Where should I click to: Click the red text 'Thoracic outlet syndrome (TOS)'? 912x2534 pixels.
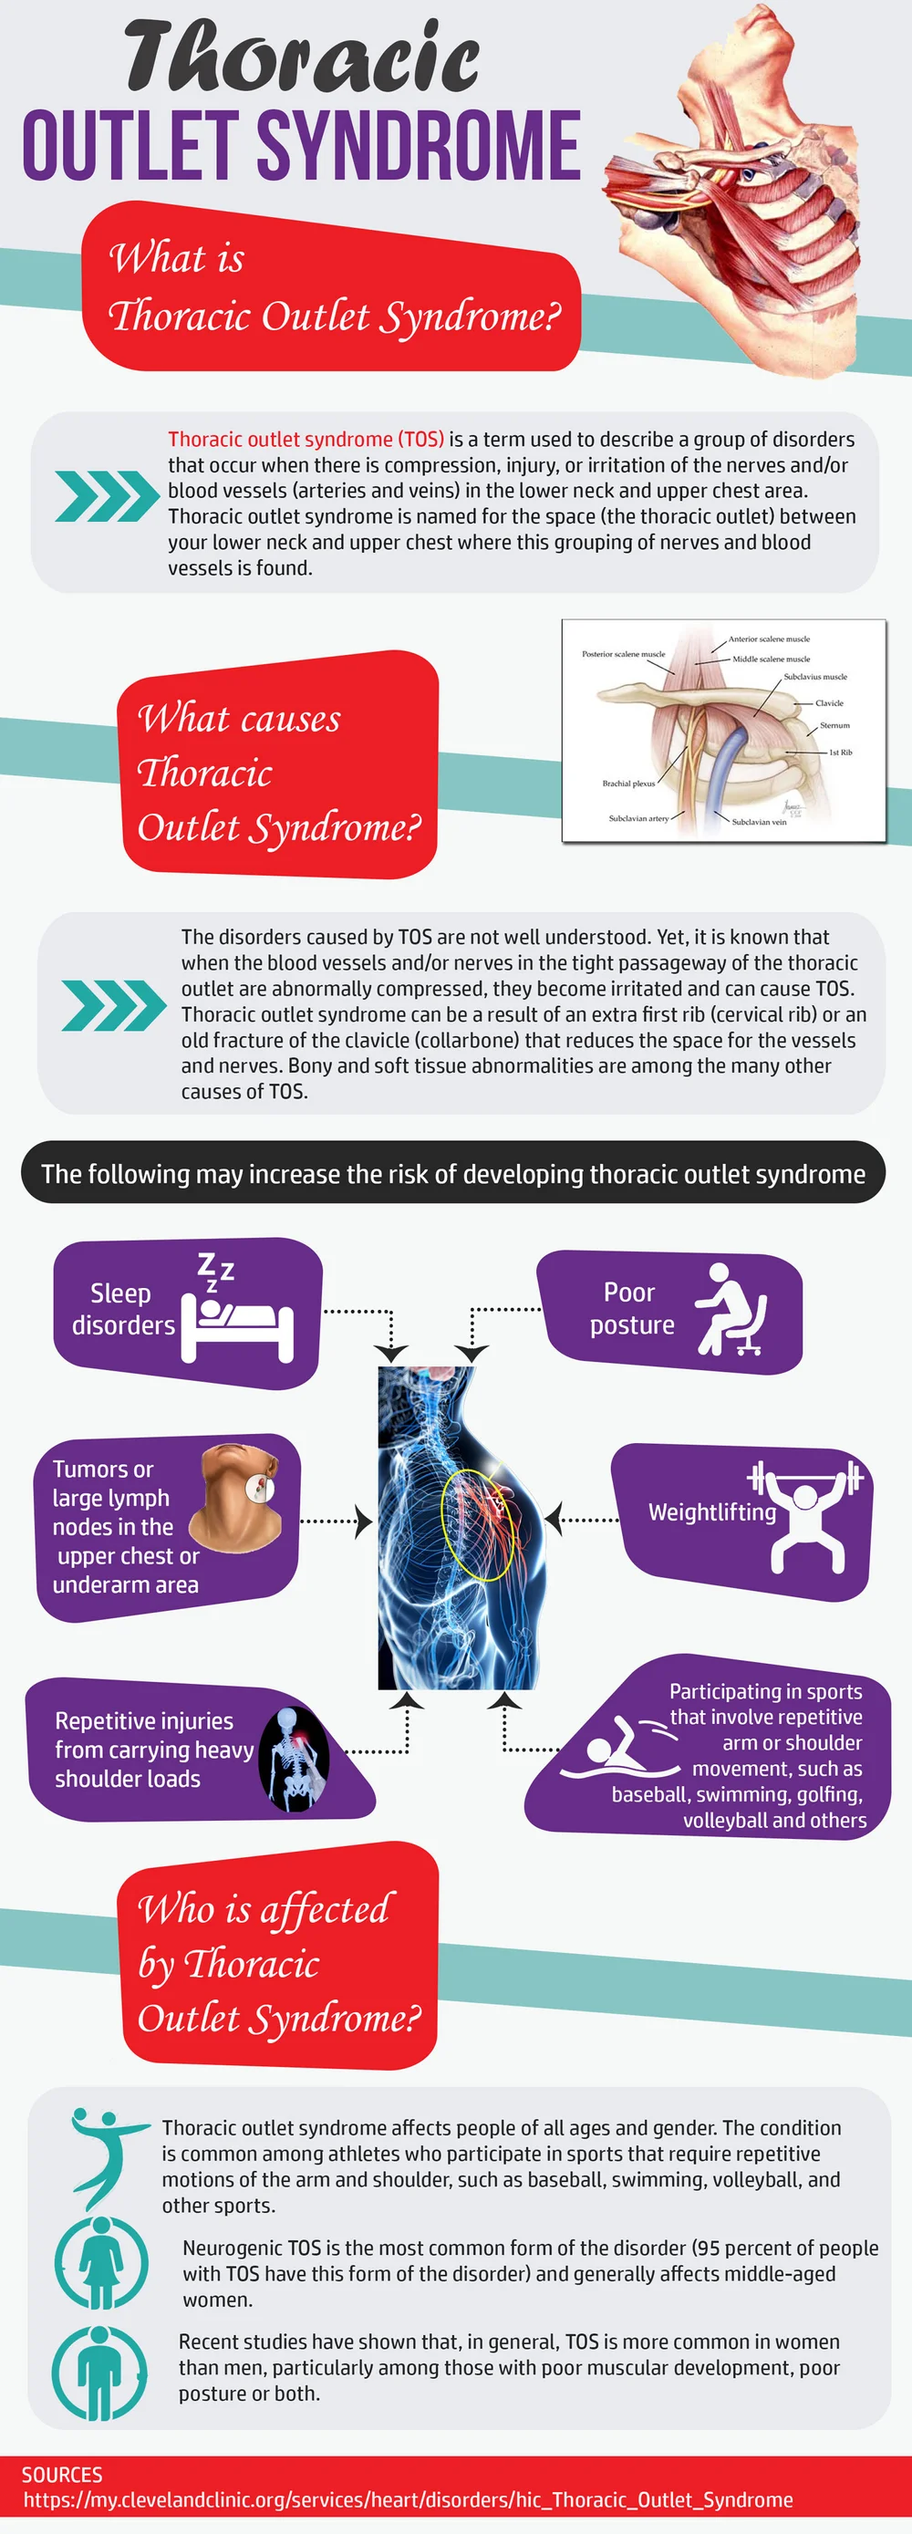[306, 439]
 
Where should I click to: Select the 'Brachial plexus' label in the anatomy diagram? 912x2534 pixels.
[627, 784]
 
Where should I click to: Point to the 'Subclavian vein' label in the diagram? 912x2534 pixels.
[759, 821]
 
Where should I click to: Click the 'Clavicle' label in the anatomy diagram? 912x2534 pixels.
[828, 703]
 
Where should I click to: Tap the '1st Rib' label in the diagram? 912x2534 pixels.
[840, 753]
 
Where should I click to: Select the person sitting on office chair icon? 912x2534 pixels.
[730, 1309]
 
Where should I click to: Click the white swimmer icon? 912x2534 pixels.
[620, 1748]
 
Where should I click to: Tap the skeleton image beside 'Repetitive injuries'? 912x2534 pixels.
[293, 1760]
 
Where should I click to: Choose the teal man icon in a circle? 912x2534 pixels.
[100, 2373]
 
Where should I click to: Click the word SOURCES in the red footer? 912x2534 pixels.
[62, 2474]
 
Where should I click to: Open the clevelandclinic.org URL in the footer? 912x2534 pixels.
[408, 2499]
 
